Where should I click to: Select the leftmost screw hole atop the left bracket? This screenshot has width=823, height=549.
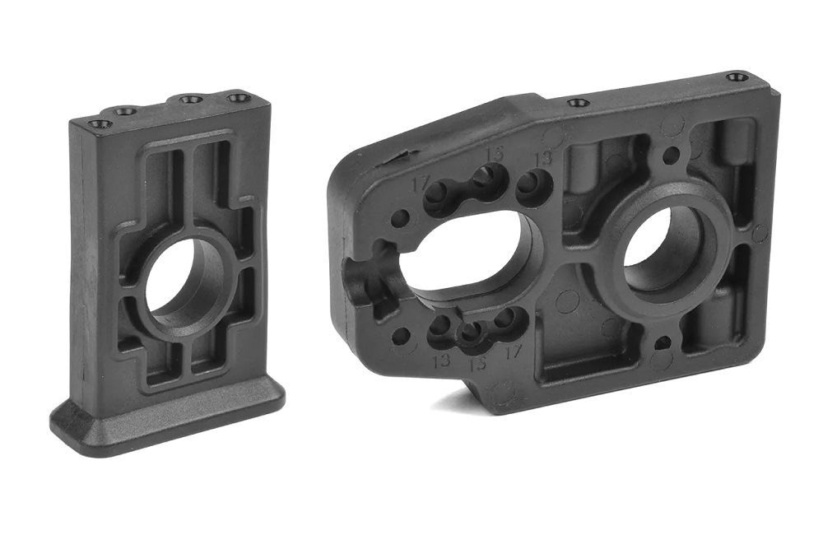(x=101, y=124)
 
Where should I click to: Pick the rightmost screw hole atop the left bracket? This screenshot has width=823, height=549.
(x=238, y=98)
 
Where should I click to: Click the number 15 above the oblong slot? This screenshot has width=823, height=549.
(x=494, y=152)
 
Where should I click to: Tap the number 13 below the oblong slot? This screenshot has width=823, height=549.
(x=441, y=360)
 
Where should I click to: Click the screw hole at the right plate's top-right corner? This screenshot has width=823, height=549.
(x=737, y=77)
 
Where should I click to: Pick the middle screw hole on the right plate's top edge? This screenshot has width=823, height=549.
(x=579, y=103)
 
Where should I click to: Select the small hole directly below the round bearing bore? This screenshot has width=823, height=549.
(x=659, y=340)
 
